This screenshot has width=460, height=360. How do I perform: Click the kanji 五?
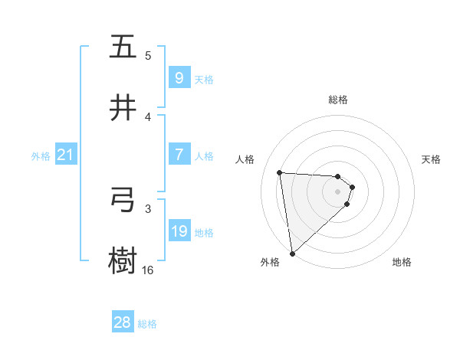pos(123,47)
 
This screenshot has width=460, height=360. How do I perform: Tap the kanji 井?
pos(123,108)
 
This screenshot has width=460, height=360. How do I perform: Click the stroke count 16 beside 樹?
pos(147,270)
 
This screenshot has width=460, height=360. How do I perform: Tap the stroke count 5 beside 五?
pos(148,55)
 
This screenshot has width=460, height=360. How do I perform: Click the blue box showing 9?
pos(179,77)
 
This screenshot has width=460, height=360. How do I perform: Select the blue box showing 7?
pos(179,155)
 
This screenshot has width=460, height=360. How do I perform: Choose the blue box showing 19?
pos(179,231)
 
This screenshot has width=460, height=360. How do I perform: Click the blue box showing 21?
pos(65,155)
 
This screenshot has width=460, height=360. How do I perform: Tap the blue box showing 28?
pos(122,322)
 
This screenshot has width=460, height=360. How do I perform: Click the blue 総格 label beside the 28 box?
pos(147,324)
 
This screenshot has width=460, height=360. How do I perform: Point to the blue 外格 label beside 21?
pos(41,156)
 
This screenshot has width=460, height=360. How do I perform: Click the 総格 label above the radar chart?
pos(338,100)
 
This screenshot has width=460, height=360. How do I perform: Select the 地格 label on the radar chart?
pos(402,262)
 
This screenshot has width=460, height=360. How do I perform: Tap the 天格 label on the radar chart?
pos(432,159)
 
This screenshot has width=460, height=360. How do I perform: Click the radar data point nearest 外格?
pos(292,253)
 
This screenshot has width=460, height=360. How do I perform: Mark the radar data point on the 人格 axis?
pos(280,172)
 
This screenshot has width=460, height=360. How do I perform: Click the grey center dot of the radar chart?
pos(338,191)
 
